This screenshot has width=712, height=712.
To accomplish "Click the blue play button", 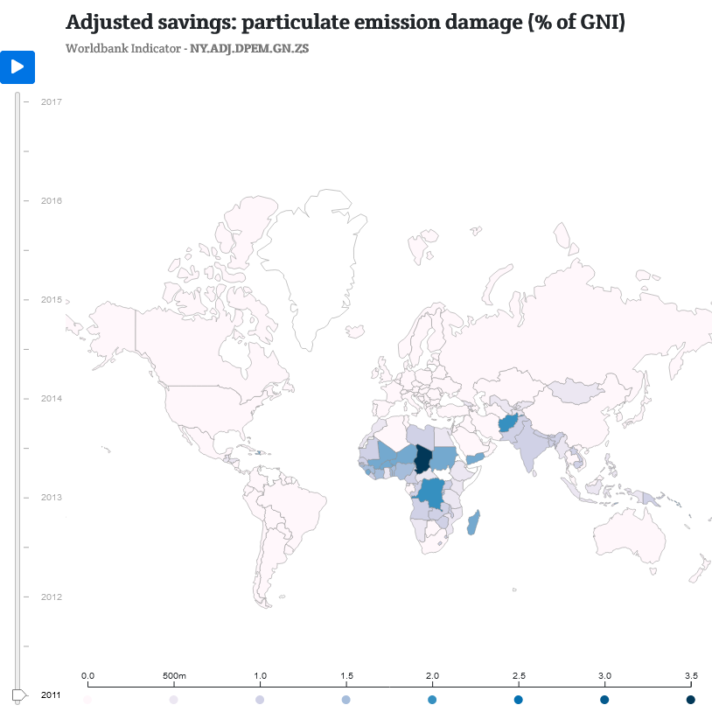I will point(17,66).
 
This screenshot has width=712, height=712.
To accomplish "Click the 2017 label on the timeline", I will point(51,101).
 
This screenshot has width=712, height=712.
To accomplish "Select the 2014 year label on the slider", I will point(51,398).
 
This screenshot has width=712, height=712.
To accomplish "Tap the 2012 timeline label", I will point(51,597).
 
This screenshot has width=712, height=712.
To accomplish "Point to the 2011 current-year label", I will point(51,695).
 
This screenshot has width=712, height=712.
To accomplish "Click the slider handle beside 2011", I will point(17,695).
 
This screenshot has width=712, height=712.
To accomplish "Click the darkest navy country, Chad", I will point(422,458).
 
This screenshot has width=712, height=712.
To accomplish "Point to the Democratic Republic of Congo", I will point(430,494).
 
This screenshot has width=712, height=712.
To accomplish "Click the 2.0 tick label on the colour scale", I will point(432,676).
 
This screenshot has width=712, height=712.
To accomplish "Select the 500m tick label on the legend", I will point(174,676).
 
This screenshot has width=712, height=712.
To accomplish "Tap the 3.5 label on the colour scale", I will point(690,676).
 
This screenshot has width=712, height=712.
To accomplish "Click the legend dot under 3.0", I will point(604,700).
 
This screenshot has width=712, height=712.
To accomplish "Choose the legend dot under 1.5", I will point(346,700).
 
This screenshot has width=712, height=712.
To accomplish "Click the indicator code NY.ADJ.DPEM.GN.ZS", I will point(248,48).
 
